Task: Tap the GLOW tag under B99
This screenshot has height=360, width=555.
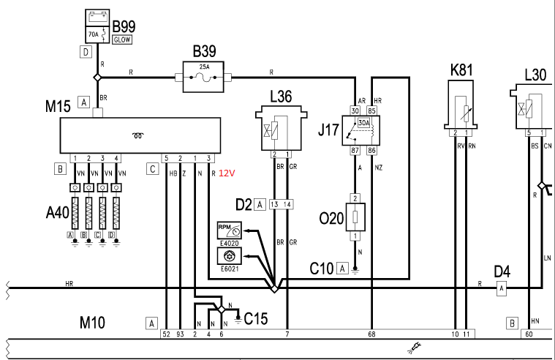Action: [x=121, y=40]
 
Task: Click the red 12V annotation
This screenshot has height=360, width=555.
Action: [x=228, y=173]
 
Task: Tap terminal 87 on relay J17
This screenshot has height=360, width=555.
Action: [x=355, y=150]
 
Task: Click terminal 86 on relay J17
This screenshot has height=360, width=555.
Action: [x=371, y=150]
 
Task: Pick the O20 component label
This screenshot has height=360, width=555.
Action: [x=331, y=217]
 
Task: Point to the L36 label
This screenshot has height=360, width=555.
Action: [x=282, y=97]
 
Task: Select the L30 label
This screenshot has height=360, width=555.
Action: [x=536, y=75]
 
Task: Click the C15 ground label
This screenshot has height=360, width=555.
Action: [x=257, y=318]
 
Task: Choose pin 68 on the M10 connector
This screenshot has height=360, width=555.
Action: [x=371, y=334]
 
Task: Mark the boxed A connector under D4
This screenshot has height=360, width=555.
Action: [x=502, y=290]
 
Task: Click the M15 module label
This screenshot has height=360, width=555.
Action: [x=58, y=106]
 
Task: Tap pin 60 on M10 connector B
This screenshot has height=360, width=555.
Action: [x=528, y=334]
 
